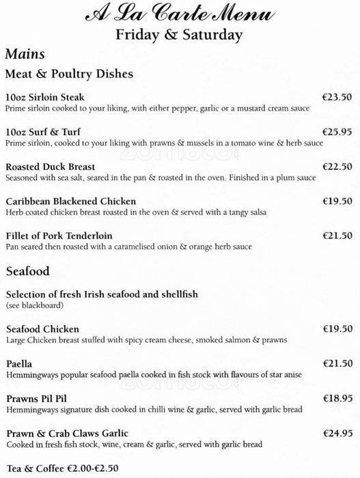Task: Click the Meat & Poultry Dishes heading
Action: coord(69,73)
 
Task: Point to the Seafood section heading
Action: coord(27,271)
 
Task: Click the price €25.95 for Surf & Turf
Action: coord(337,131)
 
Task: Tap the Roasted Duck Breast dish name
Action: coord(49,167)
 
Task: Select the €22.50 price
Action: coord(337,167)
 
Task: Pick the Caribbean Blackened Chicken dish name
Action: coord(70,201)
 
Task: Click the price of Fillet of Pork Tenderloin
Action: coord(337,236)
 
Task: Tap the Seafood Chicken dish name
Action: coord(42,329)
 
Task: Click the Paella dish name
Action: coord(18,364)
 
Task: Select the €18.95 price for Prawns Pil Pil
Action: coord(337,398)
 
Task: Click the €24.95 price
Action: coord(337,433)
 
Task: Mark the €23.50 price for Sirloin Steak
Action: coord(337,97)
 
